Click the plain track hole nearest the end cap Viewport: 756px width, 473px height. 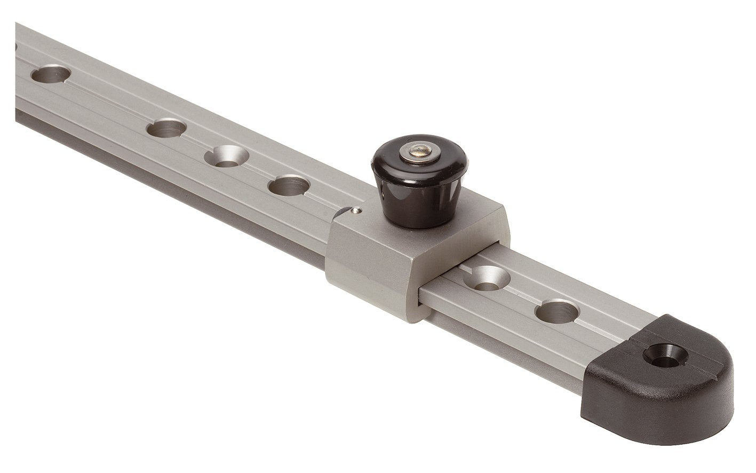[x=558, y=311]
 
